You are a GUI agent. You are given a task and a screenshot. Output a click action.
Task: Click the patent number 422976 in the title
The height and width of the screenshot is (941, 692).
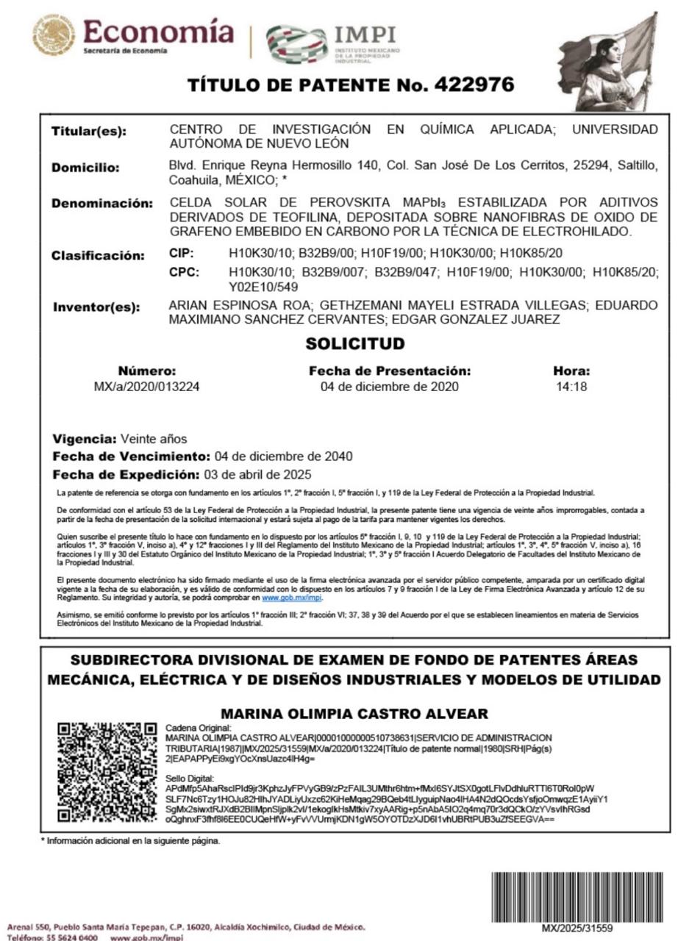tap(474, 85)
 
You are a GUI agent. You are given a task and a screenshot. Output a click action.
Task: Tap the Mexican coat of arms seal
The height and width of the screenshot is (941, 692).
tap(54, 36)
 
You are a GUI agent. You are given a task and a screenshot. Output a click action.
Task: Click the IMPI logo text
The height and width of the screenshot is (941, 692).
tap(365, 35)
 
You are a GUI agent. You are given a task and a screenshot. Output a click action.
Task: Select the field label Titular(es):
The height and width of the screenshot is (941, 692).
tap(88, 132)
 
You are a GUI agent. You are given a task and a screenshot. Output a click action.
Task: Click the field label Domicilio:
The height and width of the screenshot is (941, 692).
tap(85, 168)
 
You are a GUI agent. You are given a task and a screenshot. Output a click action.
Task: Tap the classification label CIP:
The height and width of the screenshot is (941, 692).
tap(182, 254)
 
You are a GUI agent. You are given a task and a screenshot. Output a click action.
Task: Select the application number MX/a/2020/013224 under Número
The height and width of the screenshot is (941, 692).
tap(147, 387)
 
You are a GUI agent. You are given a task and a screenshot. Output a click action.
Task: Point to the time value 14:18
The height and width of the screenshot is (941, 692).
tap(571, 387)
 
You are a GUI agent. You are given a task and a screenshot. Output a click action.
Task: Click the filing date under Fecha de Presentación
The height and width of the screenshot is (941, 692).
tap(389, 387)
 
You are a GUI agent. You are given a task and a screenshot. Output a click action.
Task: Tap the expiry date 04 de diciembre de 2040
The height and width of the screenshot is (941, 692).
tap(283, 457)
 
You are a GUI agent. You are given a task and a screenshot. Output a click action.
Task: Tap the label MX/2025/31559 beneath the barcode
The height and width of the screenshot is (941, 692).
tap(577, 929)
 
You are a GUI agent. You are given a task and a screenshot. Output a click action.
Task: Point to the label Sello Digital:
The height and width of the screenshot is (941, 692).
tap(190, 779)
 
